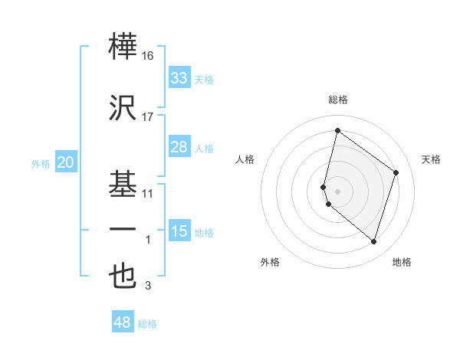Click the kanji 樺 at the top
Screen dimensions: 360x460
click(123, 47)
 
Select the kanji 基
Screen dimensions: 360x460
click(123, 183)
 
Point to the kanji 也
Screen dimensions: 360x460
click(123, 276)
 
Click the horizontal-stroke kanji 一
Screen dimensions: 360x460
click(123, 230)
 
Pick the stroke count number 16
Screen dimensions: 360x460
click(148, 57)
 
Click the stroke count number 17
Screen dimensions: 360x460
click(148, 116)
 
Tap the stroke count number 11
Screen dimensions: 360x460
click(148, 194)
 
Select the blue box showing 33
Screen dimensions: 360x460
click(179, 77)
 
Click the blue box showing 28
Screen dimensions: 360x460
click(179, 147)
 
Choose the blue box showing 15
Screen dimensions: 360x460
click(179, 231)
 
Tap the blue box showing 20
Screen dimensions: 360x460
click(66, 162)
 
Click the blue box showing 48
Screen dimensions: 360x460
click(123, 322)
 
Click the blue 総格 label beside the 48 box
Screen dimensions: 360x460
click(147, 324)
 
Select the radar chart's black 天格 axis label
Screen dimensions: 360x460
click(431, 159)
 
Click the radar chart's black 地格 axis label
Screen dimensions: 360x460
click(402, 262)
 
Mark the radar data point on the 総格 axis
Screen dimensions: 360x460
click(337, 130)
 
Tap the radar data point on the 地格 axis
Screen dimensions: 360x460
click(373, 241)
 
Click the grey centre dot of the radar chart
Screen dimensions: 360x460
click(337, 191)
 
